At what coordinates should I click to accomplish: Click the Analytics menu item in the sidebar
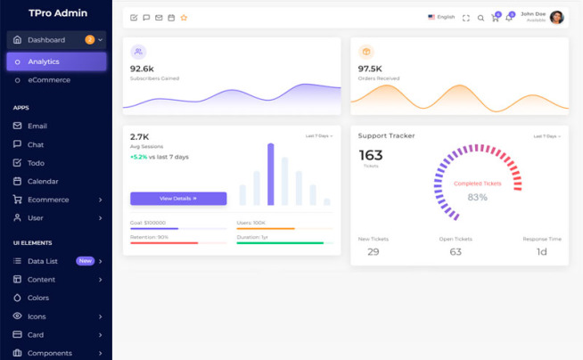43,61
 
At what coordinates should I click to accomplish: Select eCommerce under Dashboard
48,80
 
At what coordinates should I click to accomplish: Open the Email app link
37,127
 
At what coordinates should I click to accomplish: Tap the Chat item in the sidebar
36,144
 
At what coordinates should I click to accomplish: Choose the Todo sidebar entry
36,163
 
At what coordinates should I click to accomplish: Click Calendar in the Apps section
43,182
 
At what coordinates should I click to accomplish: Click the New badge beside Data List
85,261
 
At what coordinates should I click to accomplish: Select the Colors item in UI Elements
38,298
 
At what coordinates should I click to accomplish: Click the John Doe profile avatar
556,18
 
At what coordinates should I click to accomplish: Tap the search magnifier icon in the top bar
480,18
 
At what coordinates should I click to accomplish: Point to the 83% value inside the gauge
477,197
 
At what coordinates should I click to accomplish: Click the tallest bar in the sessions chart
270,175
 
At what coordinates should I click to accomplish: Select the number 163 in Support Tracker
370,156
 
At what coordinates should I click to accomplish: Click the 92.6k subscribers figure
142,69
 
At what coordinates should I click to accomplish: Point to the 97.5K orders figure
370,69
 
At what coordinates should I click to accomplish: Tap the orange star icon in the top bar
184,18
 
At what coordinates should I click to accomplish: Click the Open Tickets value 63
456,252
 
